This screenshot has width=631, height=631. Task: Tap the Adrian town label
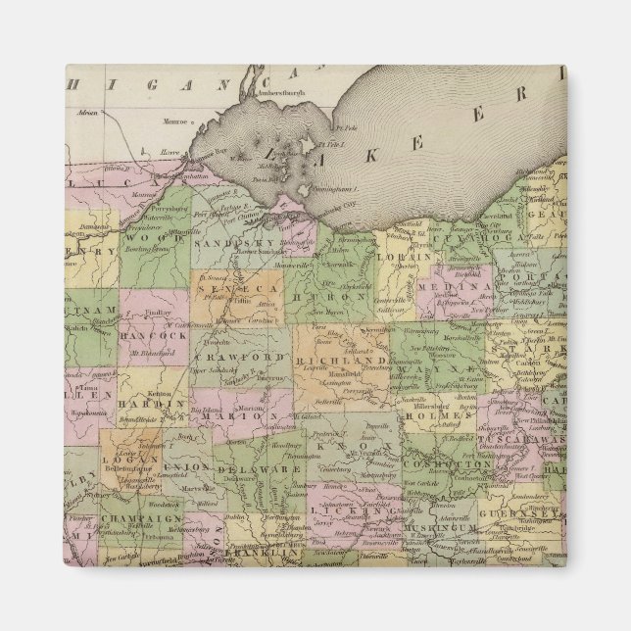pos(92,115)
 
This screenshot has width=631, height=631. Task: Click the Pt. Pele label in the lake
pos(344,126)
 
